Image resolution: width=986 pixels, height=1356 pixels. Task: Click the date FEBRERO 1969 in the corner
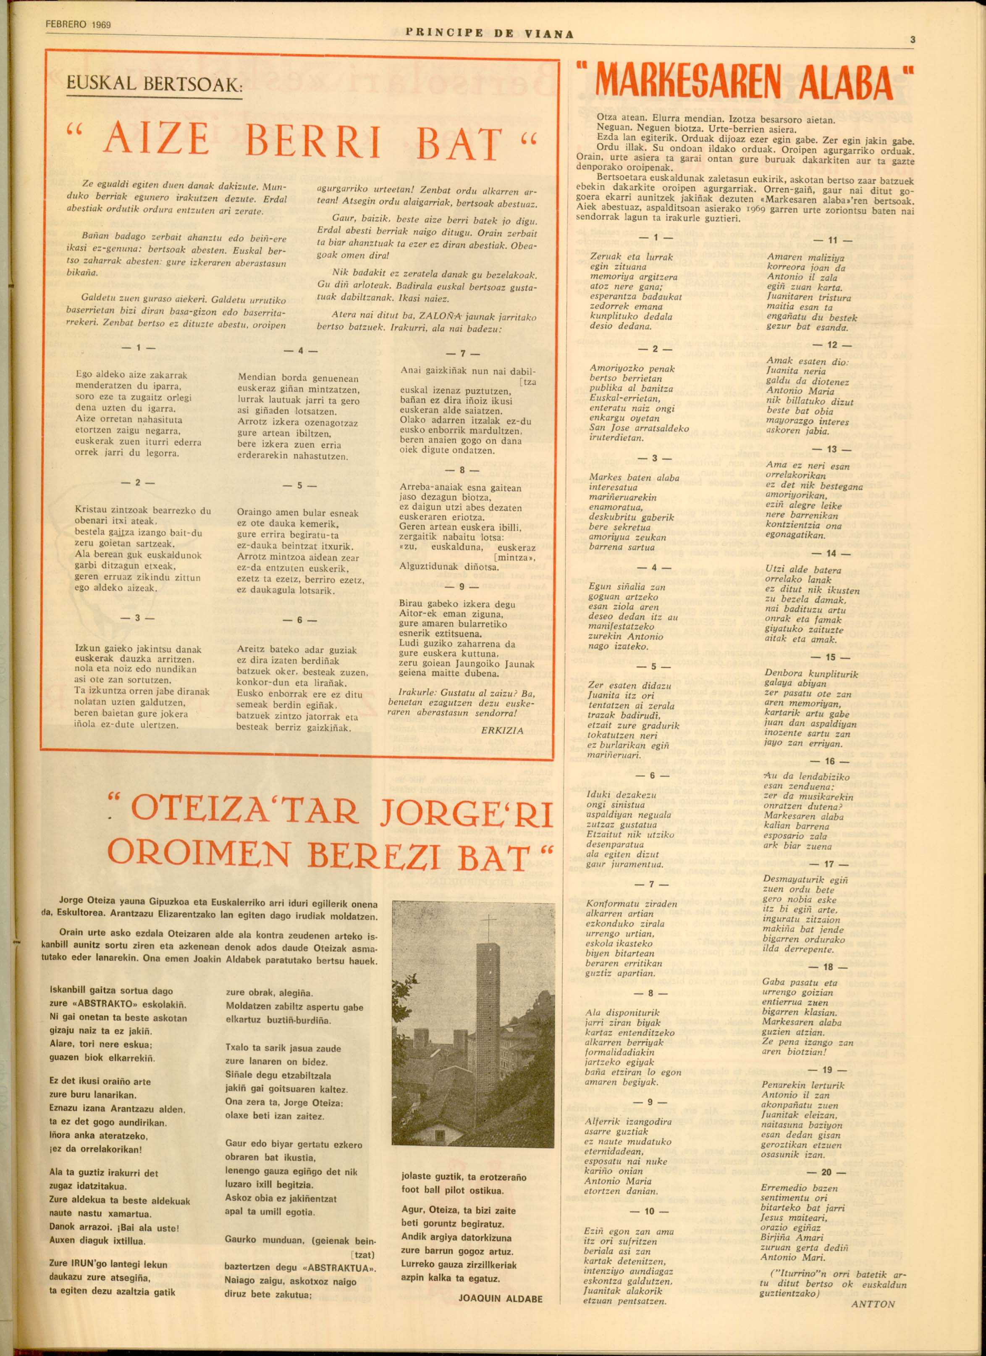tap(78, 25)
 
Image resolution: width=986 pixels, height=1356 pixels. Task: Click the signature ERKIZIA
tap(502, 731)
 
